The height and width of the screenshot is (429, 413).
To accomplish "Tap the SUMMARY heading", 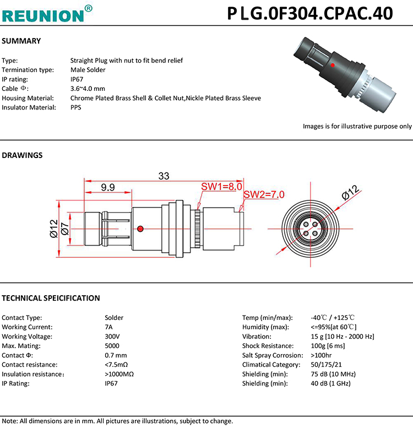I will click(x=21, y=41).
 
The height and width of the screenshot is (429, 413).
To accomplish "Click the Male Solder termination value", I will click(x=88, y=70).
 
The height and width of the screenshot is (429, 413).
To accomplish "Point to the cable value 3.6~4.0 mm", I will click(x=88, y=89).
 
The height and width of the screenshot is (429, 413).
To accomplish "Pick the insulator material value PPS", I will click(x=76, y=107).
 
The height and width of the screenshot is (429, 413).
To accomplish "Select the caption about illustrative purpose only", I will click(x=357, y=126).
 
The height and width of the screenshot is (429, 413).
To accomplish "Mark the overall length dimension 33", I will click(x=164, y=176).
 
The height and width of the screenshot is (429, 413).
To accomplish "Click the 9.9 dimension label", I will click(x=108, y=188).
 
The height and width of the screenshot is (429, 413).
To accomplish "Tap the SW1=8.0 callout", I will click(x=221, y=187).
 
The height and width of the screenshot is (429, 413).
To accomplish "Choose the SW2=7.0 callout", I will click(x=264, y=194).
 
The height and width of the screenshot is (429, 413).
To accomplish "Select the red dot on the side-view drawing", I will click(x=141, y=229).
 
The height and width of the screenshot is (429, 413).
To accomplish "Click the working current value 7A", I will click(x=108, y=327).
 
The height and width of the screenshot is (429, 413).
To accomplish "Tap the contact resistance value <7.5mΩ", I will click(x=116, y=365).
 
